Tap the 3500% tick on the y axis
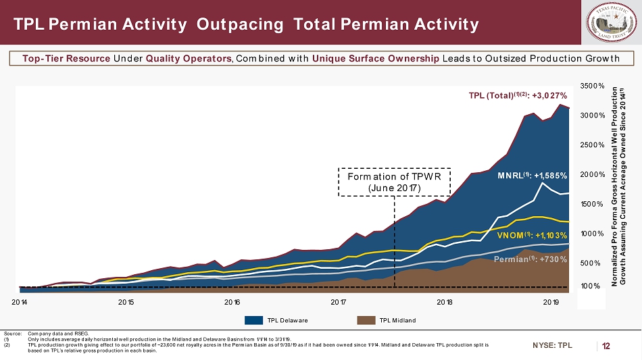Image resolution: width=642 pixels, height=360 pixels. click(591, 86)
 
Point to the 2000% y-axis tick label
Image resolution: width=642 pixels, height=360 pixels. click(591, 175)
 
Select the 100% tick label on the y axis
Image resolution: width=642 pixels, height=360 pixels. click(590, 286)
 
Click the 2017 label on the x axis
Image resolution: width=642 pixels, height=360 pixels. click(339, 301)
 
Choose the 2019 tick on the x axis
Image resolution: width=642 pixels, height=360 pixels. click(551, 301)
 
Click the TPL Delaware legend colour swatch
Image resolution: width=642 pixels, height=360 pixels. click(253, 320)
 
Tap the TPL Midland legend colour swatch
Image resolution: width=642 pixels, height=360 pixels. click(366, 320)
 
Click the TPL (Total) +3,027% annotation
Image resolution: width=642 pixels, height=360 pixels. click(518, 95)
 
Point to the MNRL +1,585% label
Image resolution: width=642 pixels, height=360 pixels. click(532, 175)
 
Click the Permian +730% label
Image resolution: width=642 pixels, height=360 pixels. click(530, 259)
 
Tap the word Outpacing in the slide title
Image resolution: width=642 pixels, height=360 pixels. click(240, 25)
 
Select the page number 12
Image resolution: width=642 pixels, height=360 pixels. click(606, 346)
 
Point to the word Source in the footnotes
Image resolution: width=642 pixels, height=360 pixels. click(12, 333)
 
